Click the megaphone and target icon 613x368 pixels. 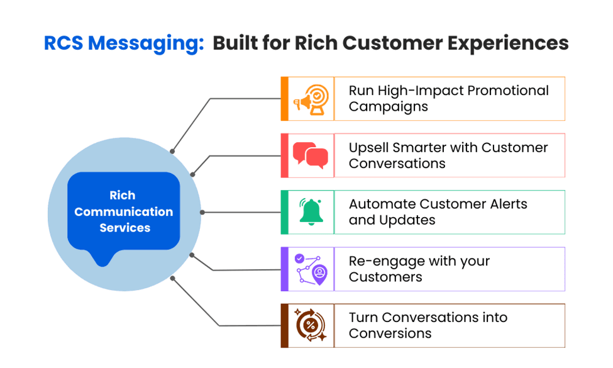click(311, 99)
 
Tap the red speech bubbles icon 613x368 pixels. click(311, 155)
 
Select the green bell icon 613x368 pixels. click(311, 212)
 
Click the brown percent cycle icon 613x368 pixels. click(311, 325)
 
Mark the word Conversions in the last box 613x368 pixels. click(390, 333)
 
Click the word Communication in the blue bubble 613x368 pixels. click(124, 211)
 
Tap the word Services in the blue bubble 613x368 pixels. click(124, 228)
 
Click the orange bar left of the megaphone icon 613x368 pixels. click(284, 99)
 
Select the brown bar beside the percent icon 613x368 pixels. click(284, 325)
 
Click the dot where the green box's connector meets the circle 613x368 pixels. click(201, 213)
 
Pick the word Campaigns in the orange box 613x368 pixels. click(389, 106)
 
